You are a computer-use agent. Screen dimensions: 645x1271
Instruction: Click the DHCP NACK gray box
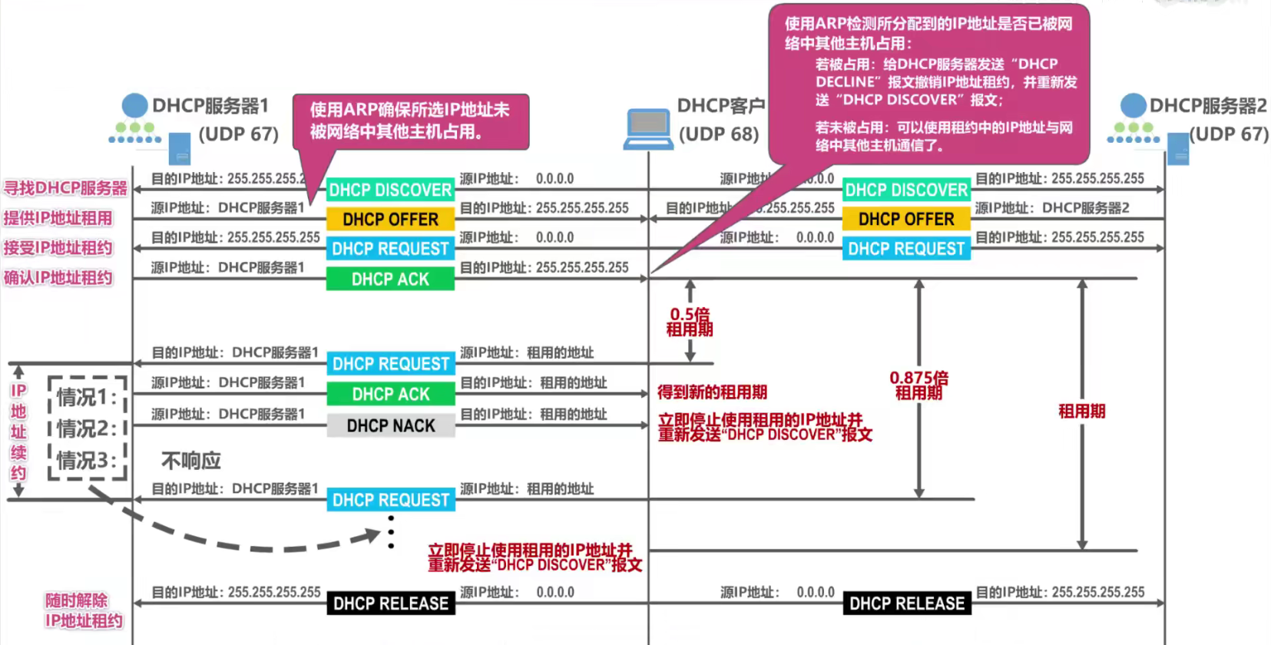tap(391, 425)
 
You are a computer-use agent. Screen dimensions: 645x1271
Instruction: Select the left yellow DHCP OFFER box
tap(390, 220)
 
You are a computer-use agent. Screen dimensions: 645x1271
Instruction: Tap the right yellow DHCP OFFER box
tap(906, 220)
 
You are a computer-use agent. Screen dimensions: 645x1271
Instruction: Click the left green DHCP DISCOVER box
tap(390, 190)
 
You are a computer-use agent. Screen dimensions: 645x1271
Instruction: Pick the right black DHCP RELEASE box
tap(907, 604)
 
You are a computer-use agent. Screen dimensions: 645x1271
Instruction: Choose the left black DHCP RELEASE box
tap(391, 604)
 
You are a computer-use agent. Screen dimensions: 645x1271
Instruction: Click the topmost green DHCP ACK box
tap(390, 279)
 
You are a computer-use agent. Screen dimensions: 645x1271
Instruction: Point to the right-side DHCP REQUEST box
tap(906, 249)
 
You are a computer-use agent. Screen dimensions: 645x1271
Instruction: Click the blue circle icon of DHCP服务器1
tap(134, 106)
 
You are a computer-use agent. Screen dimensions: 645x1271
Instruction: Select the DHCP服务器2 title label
tap(1208, 105)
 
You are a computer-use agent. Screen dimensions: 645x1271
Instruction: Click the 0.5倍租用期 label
tap(690, 322)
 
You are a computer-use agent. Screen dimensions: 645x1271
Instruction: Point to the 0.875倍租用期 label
tap(918, 385)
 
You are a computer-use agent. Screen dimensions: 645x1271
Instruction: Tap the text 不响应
tap(191, 461)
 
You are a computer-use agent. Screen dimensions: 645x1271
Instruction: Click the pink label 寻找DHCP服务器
tap(65, 188)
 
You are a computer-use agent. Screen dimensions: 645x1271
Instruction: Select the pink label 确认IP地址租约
tap(58, 278)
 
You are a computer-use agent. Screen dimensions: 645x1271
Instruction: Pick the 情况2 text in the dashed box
tap(87, 428)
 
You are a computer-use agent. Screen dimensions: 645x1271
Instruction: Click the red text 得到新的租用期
tap(712, 392)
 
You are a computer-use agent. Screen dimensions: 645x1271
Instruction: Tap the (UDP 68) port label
tap(719, 134)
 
